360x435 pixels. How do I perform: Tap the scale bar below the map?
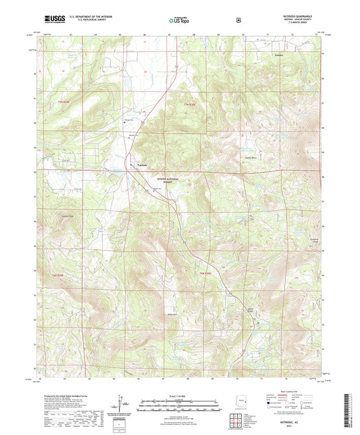pos(179,407)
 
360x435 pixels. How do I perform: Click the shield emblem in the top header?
pos(238,20)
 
